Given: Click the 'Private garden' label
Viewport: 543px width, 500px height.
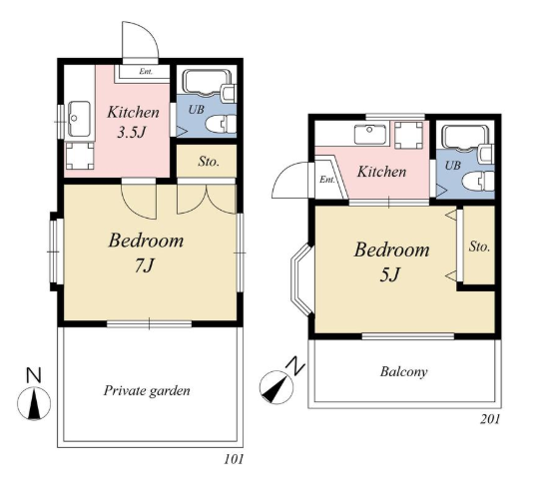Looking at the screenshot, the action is pos(147,391).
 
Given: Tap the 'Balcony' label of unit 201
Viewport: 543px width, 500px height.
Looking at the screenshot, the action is pos(403,372).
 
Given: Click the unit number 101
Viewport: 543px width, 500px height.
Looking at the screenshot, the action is pos(234,459).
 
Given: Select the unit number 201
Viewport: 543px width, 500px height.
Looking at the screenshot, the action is pos(490,419).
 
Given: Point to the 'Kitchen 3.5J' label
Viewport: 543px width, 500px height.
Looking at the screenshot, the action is pos(133,122).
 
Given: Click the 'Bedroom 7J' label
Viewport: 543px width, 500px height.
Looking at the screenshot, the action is pos(146,252).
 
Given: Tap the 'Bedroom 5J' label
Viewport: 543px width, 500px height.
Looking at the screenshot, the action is pos(391,261).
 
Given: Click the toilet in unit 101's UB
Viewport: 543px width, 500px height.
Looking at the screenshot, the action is pos(221,125).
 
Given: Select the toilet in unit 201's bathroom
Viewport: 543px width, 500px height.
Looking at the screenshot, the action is pos(478,181).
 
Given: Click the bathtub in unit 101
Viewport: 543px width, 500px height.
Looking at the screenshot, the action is pos(207,83).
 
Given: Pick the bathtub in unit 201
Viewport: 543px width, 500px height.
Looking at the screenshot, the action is pos(466,139).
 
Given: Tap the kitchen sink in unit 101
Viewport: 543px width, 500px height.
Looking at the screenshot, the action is pos(79,119).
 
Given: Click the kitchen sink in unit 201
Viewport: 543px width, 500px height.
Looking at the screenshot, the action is pos(370,135).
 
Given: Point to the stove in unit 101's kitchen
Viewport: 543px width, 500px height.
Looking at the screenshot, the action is pos(80,156).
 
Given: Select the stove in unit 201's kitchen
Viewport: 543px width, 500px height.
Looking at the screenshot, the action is pos(408,135).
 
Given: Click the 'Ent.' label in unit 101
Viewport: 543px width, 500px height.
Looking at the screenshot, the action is pos(146,72).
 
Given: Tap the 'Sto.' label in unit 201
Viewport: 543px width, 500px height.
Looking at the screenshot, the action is pos(480,247).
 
